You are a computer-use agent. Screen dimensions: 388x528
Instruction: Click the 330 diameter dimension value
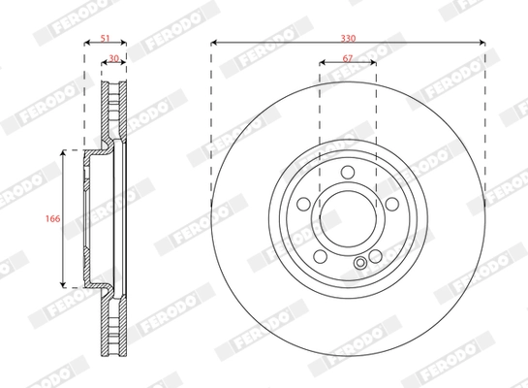tap(348, 36)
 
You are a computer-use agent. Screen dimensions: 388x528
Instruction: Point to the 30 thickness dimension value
tap(114, 59)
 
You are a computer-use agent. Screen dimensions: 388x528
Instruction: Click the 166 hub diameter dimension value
tap(54, 219)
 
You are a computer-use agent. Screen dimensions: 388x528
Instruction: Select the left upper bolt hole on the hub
tap(306, 205)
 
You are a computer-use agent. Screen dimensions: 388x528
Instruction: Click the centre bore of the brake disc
tap(348, 218)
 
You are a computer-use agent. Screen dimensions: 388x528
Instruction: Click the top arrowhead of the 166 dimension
tap(64, 154)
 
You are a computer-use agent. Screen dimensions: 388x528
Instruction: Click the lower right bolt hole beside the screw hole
tap(373, 254)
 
